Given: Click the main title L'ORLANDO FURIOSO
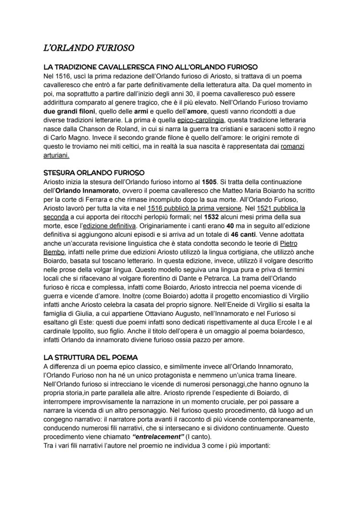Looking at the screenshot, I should point(89,47).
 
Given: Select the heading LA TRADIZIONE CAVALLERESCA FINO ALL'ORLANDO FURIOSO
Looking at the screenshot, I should point(151,67).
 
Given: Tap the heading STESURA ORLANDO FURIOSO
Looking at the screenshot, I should point(94,173).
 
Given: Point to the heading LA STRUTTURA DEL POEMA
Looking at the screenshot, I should point(91,357).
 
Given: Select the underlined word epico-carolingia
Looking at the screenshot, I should point(200,120).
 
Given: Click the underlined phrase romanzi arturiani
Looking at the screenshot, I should point(292,146).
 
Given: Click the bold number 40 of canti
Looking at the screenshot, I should point(230,226).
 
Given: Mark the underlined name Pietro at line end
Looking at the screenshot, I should point(289,243).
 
